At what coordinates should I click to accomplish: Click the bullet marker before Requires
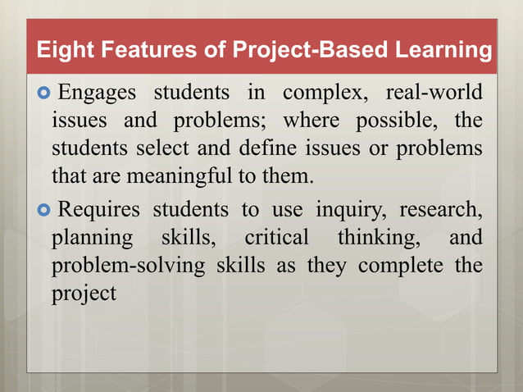[x=45, y=208]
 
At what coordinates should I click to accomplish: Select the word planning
[x=92, y=239]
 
